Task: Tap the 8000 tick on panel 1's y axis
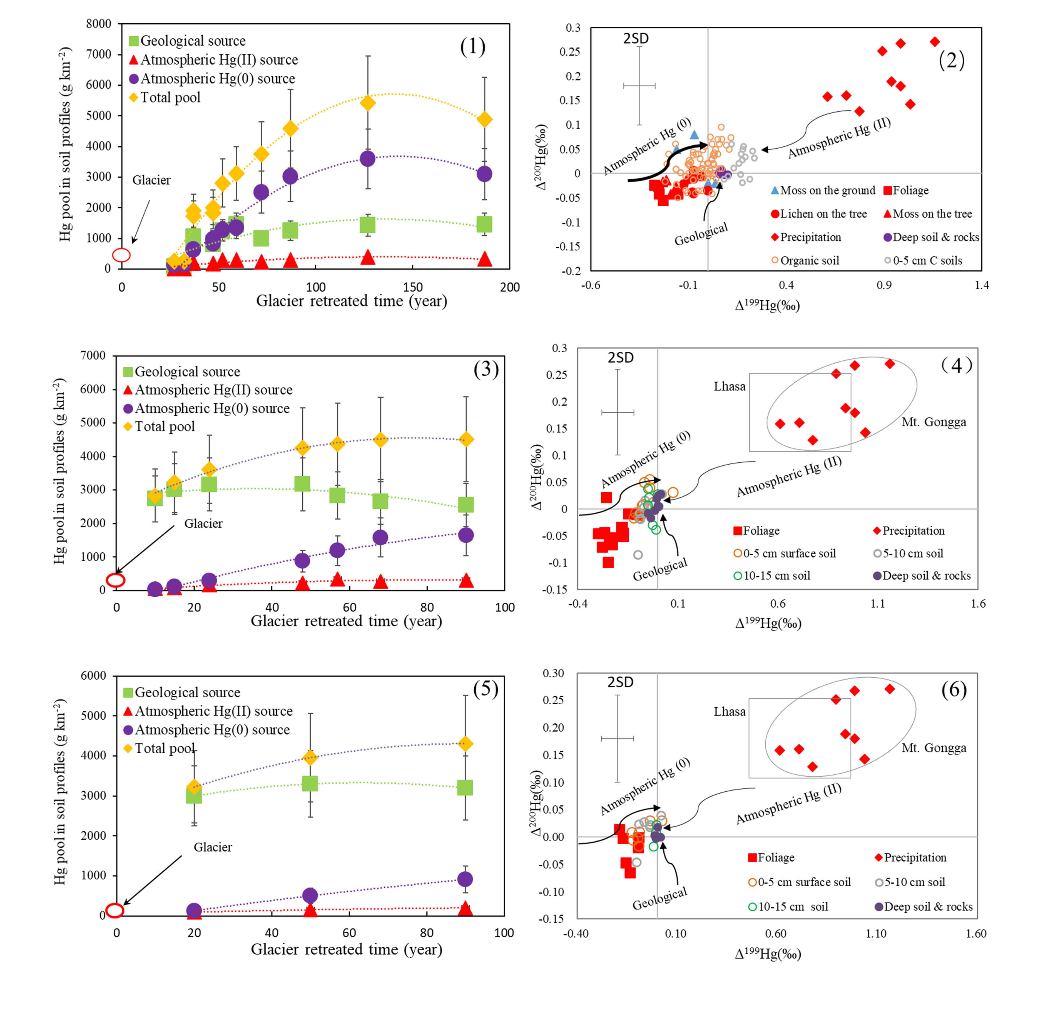(x=99, y=24)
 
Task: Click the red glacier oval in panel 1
(x=121, y=255)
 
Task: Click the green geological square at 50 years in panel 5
(x=310, y=783)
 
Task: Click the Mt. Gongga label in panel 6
(x=934, y=748)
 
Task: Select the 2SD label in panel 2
(x=636, y=38)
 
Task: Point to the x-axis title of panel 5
(x=347, y=949)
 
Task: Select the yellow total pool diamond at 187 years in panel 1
(x=484, y=120)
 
